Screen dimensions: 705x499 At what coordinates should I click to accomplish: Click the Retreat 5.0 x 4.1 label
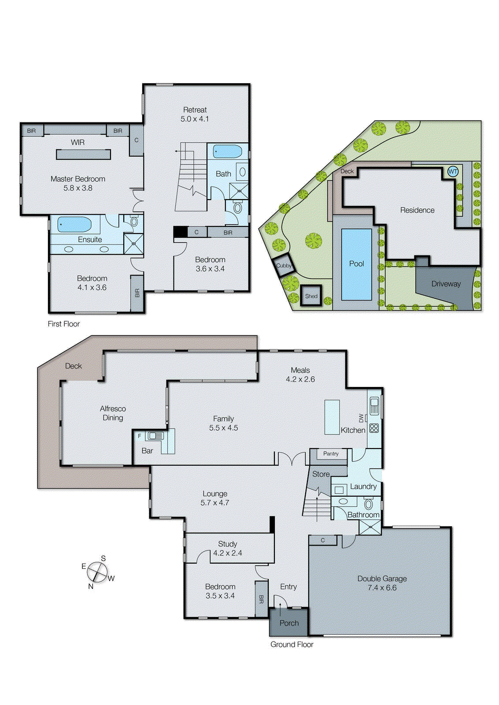(x=195, y=114)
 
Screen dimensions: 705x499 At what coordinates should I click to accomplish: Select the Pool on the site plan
(x=356, y=264)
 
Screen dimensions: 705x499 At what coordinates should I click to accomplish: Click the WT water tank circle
(x=453, y=171)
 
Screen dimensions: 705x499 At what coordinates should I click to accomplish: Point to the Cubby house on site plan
(x=284, y=266)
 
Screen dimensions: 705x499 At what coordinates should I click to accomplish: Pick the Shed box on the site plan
(x=311, y=296)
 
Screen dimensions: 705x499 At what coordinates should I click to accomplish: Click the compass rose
(x=97, y=572)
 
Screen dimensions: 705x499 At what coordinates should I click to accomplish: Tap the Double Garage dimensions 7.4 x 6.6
(x=382, y=588)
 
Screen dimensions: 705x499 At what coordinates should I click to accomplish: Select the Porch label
(x=289, y=623)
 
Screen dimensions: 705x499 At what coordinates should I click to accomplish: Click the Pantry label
(x=331, y=453)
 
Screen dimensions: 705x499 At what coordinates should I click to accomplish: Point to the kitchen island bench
(x=332, y=417)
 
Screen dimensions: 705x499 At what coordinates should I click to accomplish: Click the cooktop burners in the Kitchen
(x=374, y=428)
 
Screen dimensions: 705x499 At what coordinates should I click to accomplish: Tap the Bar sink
(x=155, y=436)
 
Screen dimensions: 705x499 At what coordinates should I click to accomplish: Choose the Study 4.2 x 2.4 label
(x=227, y=549)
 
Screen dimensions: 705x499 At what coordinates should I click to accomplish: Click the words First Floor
(x=64, y=324)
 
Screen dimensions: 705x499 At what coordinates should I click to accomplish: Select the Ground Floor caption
(x=292, y=644)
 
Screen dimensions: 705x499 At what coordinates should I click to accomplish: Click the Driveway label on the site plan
(x=446, y=284)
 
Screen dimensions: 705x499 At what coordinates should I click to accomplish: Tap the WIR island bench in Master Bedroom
(x=83, y=154)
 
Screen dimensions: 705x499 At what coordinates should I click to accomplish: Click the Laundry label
(x=363, y=486)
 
